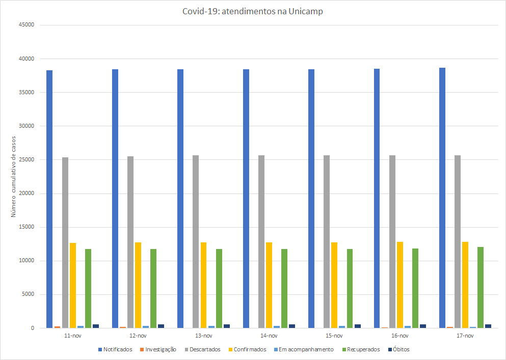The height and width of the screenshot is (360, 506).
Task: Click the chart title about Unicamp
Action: [253, 12]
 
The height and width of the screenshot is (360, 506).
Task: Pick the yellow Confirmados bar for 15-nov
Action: [334, 285]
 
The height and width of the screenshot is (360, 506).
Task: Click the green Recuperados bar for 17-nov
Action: [481, 287]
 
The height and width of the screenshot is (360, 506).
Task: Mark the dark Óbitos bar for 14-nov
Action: [292, 326]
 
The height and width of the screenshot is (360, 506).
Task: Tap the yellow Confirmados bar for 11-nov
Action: [73, 285]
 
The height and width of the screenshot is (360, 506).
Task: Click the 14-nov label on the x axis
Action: [269, 336]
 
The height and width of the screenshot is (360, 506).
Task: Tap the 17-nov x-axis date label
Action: [465, 336]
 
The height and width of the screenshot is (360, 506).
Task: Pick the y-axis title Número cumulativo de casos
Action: [14, 176]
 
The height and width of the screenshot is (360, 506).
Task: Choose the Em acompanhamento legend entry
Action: [306, 349]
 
